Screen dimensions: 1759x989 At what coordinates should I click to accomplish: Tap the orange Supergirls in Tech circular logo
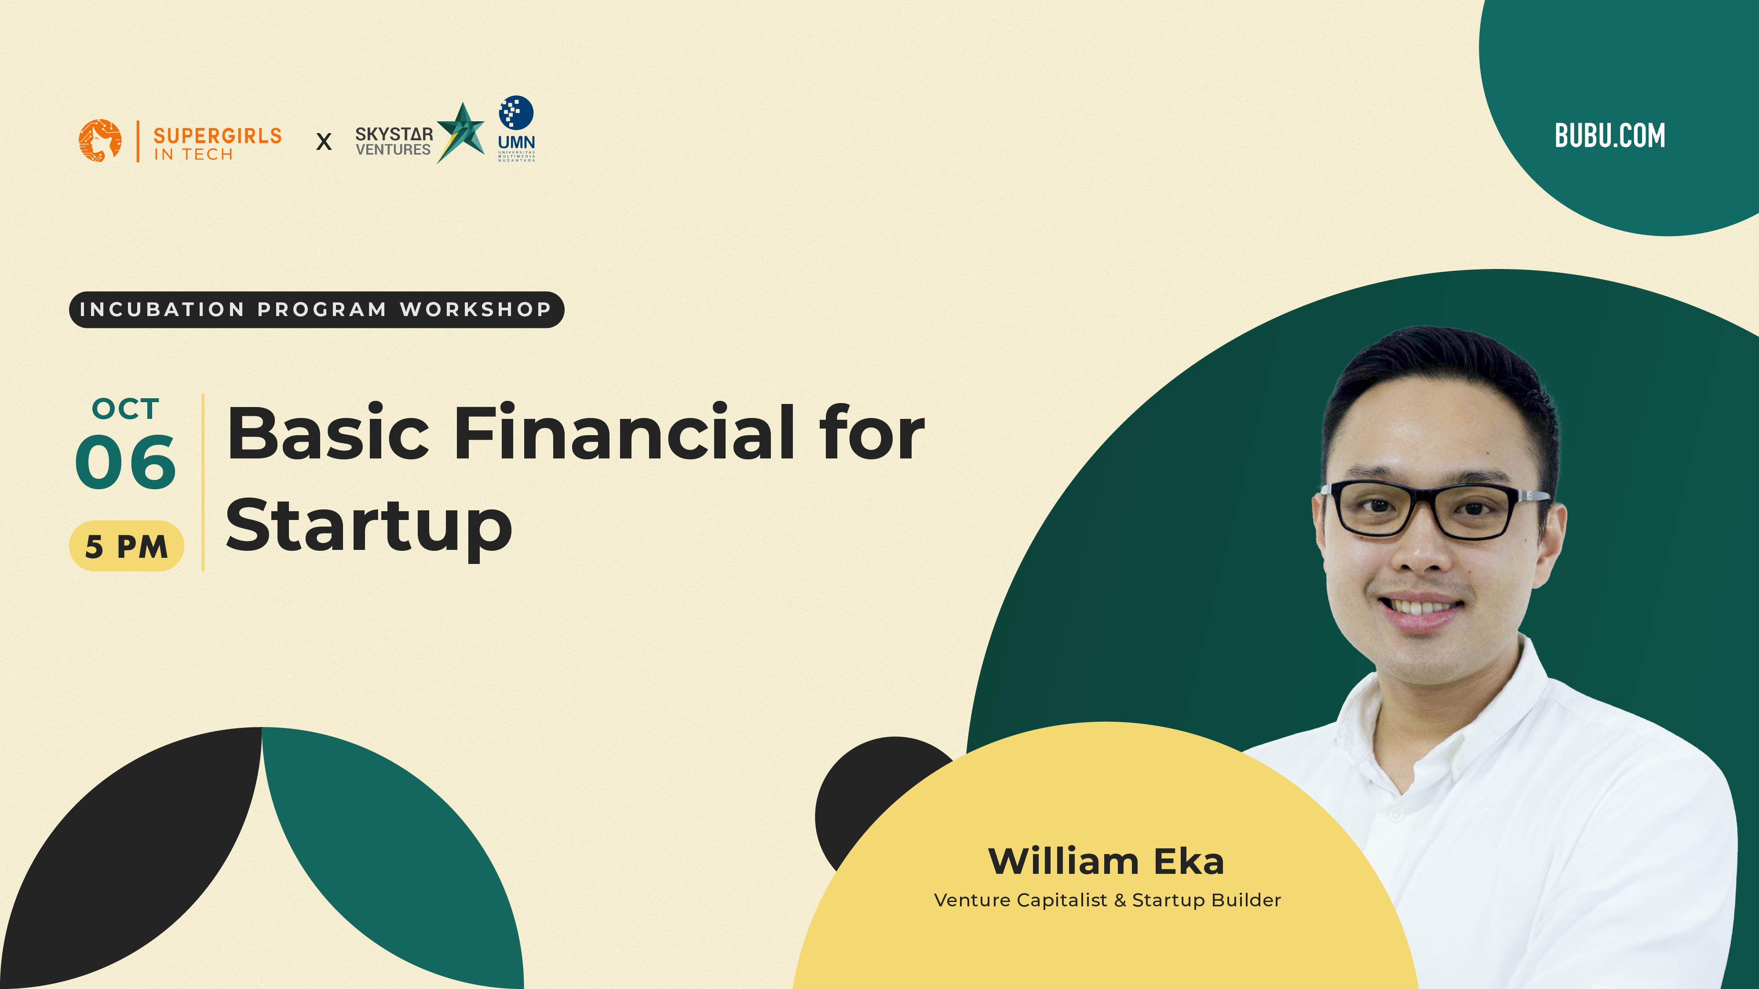(x=100, y=141)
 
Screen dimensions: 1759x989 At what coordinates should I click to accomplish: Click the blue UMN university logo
(x=516, y=128)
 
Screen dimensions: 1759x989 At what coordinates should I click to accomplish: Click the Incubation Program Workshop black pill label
(x=317, y=310)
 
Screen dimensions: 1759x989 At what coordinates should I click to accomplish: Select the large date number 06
(x=126, y=462)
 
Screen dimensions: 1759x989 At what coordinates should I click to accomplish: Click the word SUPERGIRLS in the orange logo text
(x=217, y=136)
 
